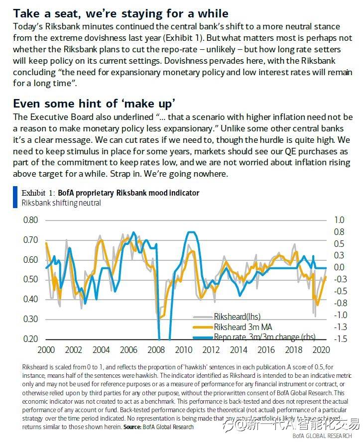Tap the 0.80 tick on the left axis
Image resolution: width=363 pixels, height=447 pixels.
[x=31, y=220]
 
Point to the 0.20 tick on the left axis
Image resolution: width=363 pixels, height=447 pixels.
[x=31, y=339]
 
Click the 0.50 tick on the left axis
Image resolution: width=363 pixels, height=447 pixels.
[x=31, y=279]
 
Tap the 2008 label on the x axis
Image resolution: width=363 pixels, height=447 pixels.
[x=158, y=350]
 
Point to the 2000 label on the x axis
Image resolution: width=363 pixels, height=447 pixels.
[x=46, y=350]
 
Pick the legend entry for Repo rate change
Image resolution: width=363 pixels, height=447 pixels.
[x=264, y=337]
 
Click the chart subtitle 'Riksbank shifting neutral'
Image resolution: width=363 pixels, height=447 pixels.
[x=61, y=203]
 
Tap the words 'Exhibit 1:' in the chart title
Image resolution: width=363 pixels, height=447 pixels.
[x=38, y=193]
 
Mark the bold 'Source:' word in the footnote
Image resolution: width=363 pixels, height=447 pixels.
[x=132, y=427]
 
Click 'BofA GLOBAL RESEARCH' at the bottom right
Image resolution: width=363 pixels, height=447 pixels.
[x=322, y=437]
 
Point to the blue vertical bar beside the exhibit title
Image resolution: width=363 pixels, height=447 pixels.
[x=15, y=197]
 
